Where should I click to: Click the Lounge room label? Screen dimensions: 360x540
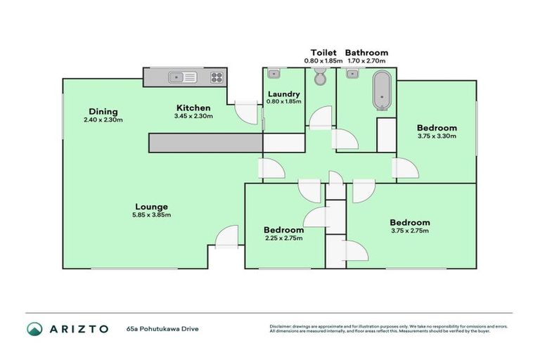point(151,207)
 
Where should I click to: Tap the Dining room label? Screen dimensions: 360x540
point(103,112)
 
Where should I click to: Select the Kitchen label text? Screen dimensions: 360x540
point(193,108)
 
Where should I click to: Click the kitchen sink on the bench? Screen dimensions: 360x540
point(176,77)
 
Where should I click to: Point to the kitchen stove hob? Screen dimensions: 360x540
point(217,77)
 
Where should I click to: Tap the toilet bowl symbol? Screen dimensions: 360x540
point(321,78)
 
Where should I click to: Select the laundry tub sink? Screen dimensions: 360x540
point(274,73)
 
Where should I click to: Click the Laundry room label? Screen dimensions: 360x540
point(284,94)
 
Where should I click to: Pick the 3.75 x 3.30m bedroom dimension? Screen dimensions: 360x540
point(437,136)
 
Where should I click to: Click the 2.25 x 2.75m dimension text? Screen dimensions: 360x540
point(283,238)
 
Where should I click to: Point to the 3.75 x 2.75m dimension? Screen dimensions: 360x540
point(409,230)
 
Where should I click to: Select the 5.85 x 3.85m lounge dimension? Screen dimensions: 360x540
point(151,215)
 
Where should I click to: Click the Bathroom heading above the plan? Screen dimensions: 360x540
point(366,53)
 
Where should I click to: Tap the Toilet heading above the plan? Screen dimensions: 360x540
point(323,53)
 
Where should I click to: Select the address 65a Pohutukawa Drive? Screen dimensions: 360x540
point(160,328)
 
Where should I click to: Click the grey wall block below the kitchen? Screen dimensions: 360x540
point(205,142)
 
